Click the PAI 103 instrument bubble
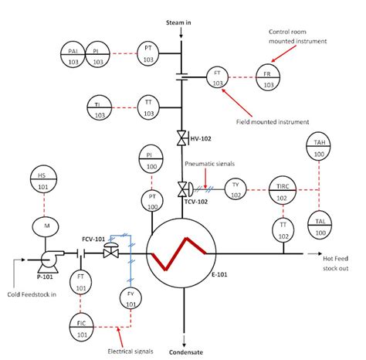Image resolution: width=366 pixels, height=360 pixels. tap(73, 55)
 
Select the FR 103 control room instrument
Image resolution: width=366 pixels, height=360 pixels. tap(268, 77)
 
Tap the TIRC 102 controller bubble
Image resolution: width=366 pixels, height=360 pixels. tap(283, 190)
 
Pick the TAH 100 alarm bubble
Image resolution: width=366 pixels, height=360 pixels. tap(319, 146)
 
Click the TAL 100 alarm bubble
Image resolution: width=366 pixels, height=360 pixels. tap(320, 226)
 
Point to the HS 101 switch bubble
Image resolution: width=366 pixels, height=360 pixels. tap(43, 179)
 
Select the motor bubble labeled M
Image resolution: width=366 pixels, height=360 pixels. tap(46, 226)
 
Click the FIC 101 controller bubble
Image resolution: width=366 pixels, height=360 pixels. tap(81, 327)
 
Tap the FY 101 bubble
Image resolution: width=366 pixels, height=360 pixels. tap(130, 298)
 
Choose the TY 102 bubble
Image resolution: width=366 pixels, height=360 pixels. tap(236, 189)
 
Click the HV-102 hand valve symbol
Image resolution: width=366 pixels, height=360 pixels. tap(182, 138)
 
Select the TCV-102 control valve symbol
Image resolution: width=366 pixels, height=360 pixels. tap(185, 189)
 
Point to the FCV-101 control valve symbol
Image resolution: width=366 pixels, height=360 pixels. tap(111, 250)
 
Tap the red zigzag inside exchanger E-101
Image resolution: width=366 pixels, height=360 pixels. tap(179, 253)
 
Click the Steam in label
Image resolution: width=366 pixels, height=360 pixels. tap(178, 22)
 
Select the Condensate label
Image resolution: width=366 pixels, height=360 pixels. tap(186, 352)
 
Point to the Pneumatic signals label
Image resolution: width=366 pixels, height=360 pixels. tap(210, 164)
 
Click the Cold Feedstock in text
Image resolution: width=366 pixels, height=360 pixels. tap(32, 294)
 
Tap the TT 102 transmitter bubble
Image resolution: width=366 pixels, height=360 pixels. tap(283, 230)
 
